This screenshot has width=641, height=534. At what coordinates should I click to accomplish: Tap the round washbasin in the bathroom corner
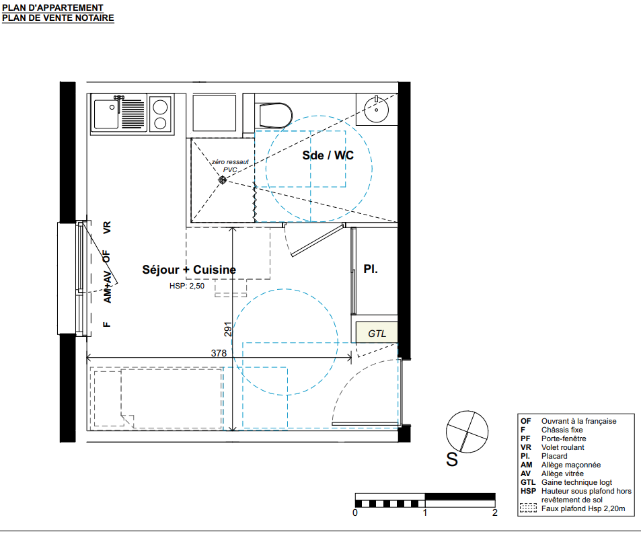coord(376,109)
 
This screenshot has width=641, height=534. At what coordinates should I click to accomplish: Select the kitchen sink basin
coord(106,114)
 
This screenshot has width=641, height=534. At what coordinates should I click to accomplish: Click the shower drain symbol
coord(223,180)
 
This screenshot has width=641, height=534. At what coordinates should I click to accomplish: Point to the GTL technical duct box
coord(377,332)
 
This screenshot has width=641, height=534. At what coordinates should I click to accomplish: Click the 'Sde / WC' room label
coord(328,155)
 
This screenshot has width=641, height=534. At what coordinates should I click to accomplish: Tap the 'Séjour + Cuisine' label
coord(189,270)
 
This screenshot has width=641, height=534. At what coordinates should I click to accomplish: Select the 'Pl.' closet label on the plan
coord(371,269)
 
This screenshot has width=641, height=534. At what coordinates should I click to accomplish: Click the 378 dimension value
coord(219,353)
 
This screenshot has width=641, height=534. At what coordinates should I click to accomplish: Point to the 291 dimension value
coord(228,329)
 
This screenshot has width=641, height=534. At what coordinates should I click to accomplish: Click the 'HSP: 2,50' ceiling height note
coord(187,287)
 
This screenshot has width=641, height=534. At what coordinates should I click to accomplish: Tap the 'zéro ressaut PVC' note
coord(230,165)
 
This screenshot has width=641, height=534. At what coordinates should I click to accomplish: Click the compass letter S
coord(452,459)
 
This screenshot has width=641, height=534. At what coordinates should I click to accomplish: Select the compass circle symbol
coord(467,432)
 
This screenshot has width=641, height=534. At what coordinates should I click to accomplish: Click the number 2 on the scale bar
coord(494,512)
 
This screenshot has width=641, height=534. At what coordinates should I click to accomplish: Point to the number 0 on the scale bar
coord(355,512)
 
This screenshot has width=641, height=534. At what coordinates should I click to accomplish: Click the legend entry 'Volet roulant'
coord(562,447)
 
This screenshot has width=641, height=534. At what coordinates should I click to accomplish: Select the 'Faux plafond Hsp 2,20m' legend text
coord(583,508)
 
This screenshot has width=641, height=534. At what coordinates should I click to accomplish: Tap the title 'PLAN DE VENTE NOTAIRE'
coord(58,18)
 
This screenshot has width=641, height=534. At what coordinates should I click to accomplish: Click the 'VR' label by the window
coord(107,228)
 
